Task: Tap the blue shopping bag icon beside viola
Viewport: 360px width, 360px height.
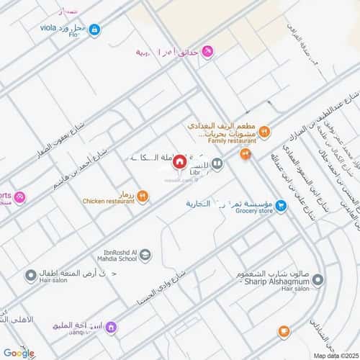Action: coord(94,30)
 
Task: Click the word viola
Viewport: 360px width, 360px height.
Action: coord(53,27)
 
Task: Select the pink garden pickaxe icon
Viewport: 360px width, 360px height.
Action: coord(207,52)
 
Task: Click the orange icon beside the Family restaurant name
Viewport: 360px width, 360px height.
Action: coord(264,131)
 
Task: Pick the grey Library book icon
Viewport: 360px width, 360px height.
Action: coord(217,164)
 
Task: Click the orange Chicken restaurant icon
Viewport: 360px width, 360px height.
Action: coord(143,196)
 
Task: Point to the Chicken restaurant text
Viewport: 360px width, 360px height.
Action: coord(109,201)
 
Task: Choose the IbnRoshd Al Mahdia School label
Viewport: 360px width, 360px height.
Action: coord(115,255)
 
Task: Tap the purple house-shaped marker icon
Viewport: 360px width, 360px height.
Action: coord(111,328)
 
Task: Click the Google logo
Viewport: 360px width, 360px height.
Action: coord(19,353)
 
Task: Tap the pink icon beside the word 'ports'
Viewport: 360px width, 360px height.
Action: coord(19,197)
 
